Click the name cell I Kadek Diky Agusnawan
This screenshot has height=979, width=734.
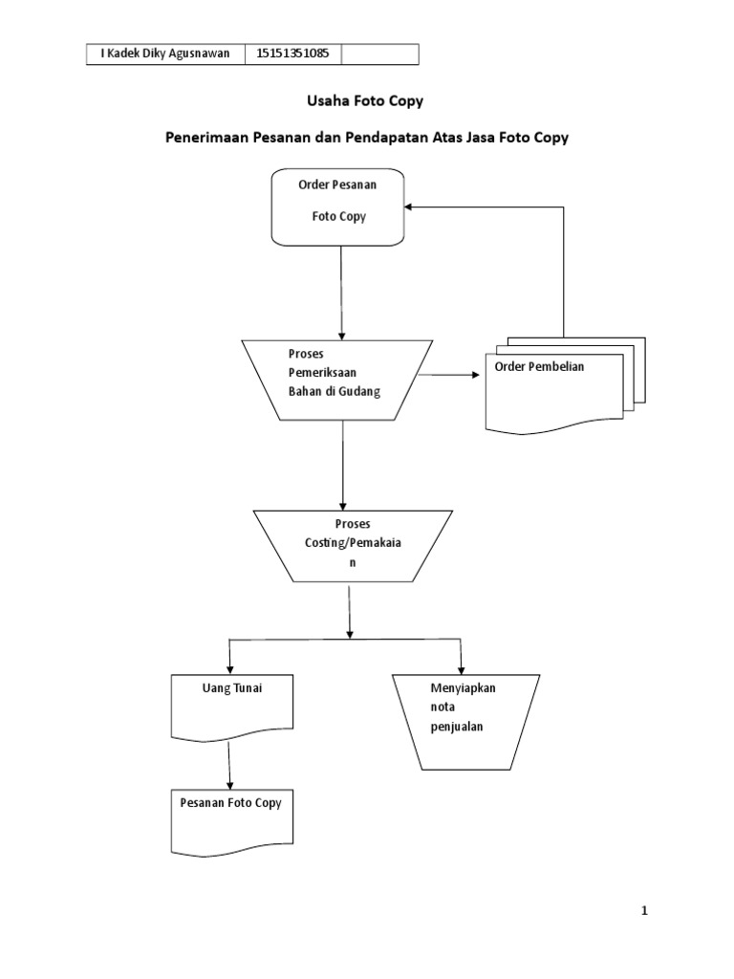click(x=165, y=54)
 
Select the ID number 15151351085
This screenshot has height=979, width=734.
click(x=293, y=54)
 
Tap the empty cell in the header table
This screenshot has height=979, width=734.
click(x=379, y=54)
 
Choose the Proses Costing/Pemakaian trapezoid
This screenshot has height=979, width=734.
click(x=351, y=545)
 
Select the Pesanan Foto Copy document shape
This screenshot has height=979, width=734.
click(x=230, y=820)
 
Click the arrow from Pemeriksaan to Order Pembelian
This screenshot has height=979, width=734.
click(x=449, y=375)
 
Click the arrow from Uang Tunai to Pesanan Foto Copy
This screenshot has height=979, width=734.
click(x=229, y=765)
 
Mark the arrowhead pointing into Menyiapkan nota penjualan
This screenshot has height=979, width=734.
click(x=462, y=668)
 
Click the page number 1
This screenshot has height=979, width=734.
click(x=645, y=911)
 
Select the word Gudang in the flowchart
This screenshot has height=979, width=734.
click(x=346, y=389)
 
